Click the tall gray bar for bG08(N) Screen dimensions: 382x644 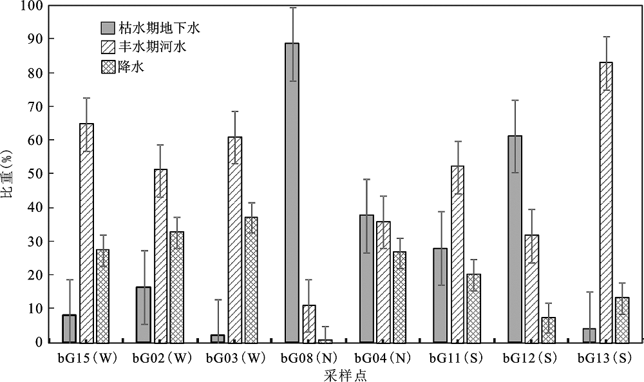[x=292, y=193]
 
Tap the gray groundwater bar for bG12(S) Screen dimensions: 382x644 [x=515, y=239]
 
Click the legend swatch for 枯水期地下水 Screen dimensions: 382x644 [x=108, y=28]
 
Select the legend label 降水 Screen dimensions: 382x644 [x=131, y=66]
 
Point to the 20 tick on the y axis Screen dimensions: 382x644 [x=33, y=275]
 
